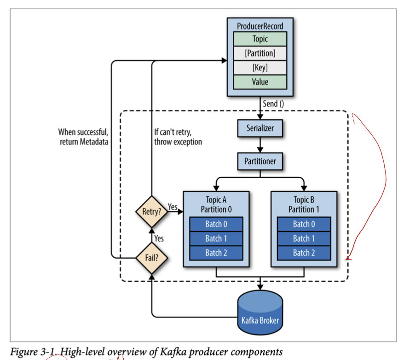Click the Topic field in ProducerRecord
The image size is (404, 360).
pos(260,39)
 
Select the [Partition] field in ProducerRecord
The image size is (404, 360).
pos(260,53)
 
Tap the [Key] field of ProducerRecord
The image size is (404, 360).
pos(260,68)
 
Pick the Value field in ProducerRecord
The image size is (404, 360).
pos(260,82)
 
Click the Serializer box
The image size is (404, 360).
pos(260,128)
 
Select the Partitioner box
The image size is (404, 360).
pos(260,162)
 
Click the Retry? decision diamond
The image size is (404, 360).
pos(151,211)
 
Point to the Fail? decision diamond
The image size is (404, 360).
pos(151,257)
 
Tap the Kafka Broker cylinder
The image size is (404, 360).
pos(260,313)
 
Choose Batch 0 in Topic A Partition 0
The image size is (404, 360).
pos(216,224)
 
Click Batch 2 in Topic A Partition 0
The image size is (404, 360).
pos(216,253)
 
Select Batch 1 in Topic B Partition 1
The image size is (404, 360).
pos(304,238)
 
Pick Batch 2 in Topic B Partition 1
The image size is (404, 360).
pos(304,253)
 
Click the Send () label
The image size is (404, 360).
pos(273,104)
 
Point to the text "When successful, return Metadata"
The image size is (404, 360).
pos(83,137)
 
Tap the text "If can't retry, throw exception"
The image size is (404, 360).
pos(178,137)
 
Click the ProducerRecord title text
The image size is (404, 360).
pos(260,26)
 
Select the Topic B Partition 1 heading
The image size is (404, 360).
pos(304,204)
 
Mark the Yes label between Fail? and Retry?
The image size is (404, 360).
pos(158,238)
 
